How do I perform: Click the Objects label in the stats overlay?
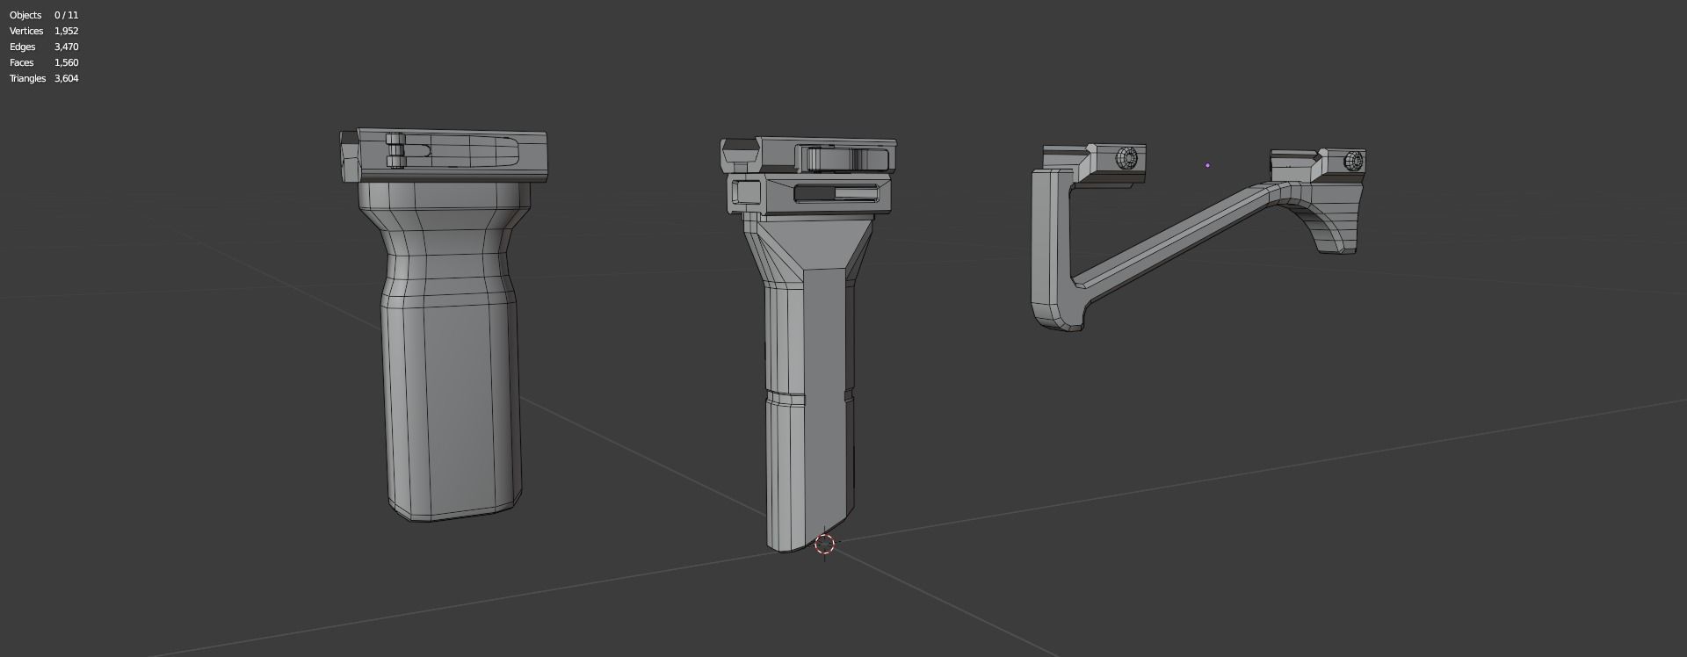(x=25, y=15)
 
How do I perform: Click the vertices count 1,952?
(x=66, y=31)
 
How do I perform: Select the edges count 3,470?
(x=66, y=47)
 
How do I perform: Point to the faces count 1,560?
(x=66, y=62)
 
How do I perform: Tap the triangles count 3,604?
(x=66, y=78)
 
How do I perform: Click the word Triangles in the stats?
(x=27, y=78)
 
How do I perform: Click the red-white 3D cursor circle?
(x=824, y=544)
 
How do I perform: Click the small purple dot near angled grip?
(x=1207, y=164)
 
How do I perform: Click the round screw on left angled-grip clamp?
(x=1126, y=158)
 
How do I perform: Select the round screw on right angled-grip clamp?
(x=1354, y=161)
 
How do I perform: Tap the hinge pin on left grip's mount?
(x=395, y=151)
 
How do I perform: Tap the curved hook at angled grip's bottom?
(x=1059, y=316)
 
